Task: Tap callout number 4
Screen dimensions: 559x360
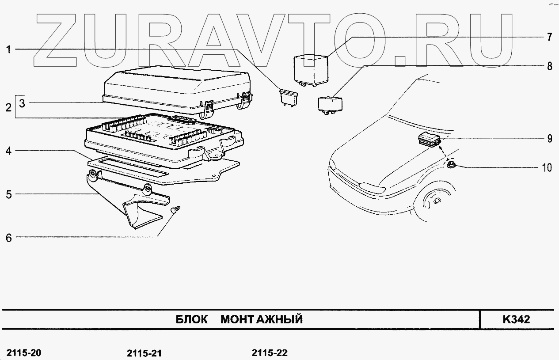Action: click(8, 151)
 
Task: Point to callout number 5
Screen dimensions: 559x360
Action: click(8, 194)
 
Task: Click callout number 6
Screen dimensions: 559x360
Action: click(8, 237)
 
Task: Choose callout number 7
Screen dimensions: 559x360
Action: click(549, 37)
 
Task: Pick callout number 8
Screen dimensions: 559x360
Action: click(549, 66)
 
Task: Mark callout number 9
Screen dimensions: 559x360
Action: click(549, 139)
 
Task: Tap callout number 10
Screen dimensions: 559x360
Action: click(547, 167)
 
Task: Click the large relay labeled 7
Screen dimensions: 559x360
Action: click(311, 68)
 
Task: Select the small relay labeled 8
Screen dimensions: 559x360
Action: click(328, 105)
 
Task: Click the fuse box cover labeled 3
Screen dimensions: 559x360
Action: click(177, 88)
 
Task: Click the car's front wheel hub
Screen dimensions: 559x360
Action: click(437, 201)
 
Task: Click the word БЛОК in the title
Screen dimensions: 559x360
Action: click(192, 319)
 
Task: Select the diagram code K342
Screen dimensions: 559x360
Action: click(516, 319)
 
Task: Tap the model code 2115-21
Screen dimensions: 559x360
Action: click(144, 353)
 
